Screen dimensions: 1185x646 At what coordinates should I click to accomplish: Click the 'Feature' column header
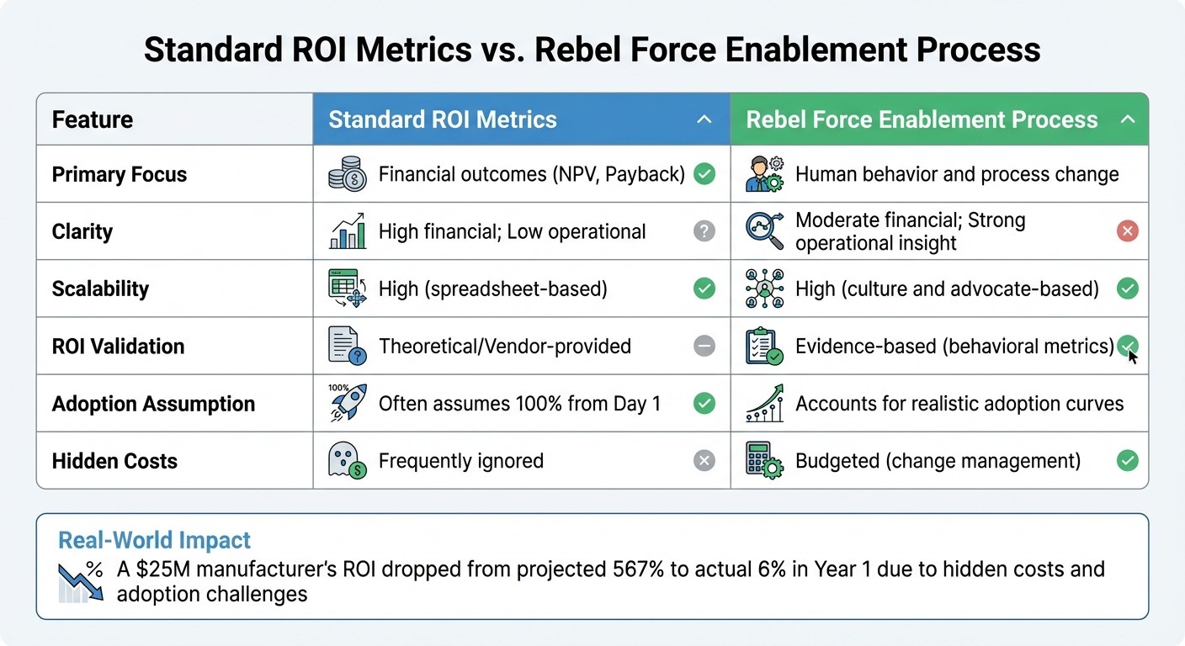point(93,119)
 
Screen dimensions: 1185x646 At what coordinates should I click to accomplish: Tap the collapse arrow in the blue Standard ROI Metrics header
point(704,119)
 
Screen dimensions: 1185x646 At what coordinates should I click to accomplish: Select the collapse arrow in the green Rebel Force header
point(1128,119)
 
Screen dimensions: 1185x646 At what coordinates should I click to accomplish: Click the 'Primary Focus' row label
point(120,175)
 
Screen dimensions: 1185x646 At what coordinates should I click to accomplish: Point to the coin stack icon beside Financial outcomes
point(347,175)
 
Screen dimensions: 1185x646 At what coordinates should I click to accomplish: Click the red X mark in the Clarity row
point(1127,231)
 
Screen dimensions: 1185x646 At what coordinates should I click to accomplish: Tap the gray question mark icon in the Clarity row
point(704,231)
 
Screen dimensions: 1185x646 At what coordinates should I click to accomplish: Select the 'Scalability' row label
point(100,289)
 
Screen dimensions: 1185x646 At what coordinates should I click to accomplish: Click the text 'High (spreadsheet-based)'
point(492,289)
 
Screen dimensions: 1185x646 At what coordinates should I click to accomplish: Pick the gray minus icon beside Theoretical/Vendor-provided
point(704,346)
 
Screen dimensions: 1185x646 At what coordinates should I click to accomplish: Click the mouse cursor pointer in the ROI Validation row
point(1133,357)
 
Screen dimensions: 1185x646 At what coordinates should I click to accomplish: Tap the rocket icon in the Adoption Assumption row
point(346,404)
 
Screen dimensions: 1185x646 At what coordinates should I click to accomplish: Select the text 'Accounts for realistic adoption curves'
point(959,404)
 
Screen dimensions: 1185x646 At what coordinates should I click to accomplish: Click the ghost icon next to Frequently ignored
point(346,461)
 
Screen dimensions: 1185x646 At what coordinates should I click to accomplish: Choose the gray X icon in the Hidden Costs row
point(704,461)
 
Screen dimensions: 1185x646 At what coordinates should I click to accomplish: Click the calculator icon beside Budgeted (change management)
point(764,461)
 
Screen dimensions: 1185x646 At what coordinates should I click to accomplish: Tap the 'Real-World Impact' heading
point(154,540)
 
